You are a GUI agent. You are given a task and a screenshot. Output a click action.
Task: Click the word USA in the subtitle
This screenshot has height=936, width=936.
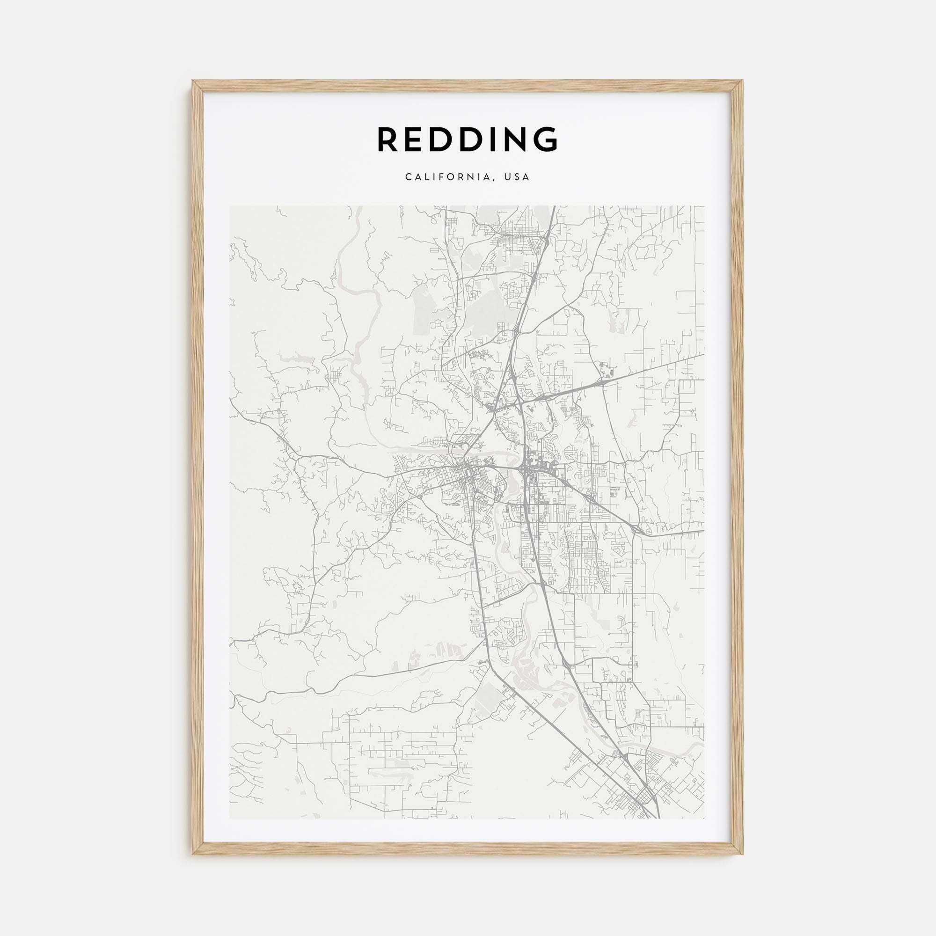[x=518, y=177]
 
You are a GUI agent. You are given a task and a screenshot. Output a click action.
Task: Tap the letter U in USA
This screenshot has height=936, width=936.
[x=508, y=177]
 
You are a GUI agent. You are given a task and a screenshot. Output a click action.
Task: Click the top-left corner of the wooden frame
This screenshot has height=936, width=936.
[x=193, y=81]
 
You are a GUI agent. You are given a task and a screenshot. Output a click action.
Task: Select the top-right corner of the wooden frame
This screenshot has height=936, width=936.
[x=743, y=81]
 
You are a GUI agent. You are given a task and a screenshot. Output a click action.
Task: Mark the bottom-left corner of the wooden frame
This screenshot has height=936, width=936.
[x=193, y=854]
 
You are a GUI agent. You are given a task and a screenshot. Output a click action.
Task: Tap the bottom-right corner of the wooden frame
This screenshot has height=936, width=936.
[x=743, y=854]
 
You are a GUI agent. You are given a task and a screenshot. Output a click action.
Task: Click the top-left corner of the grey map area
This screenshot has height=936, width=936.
[x=230, y=206]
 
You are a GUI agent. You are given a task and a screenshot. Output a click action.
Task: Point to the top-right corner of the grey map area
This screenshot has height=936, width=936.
[x=705, y=206]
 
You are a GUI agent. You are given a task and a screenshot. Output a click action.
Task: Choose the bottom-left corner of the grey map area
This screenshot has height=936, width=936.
[x=230, y=818]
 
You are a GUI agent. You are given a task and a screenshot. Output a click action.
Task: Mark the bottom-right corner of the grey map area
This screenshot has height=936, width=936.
[x=705, y=818]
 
